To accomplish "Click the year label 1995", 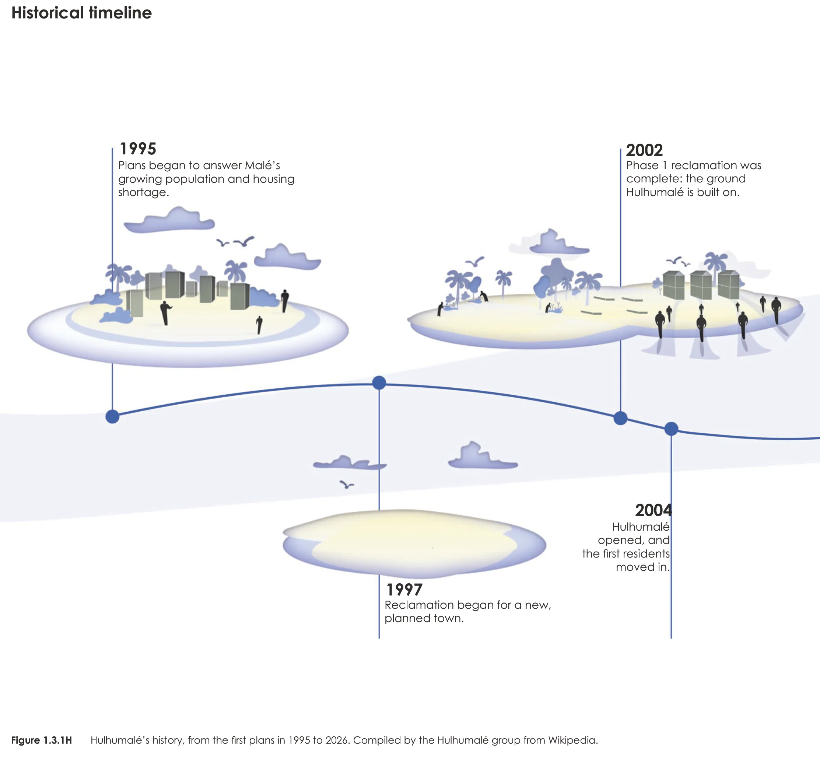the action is coord(138,149).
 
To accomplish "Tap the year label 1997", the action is coord(404,590).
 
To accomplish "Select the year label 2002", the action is coord(644,150).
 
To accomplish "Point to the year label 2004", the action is coord(653,510).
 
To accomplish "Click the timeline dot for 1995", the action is coord(112,417).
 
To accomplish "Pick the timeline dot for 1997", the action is coord(379,383).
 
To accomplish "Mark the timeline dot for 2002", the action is coord(620,418).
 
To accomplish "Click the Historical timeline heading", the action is coord(82,13).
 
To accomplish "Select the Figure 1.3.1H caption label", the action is coord(42,740).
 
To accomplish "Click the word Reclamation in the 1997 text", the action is coord(414,605).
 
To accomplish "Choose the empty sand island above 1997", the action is coord(414,544).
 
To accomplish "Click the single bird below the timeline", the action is coord(347,485).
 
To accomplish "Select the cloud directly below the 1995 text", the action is coord(169,220).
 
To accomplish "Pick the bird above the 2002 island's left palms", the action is coord(475,262).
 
